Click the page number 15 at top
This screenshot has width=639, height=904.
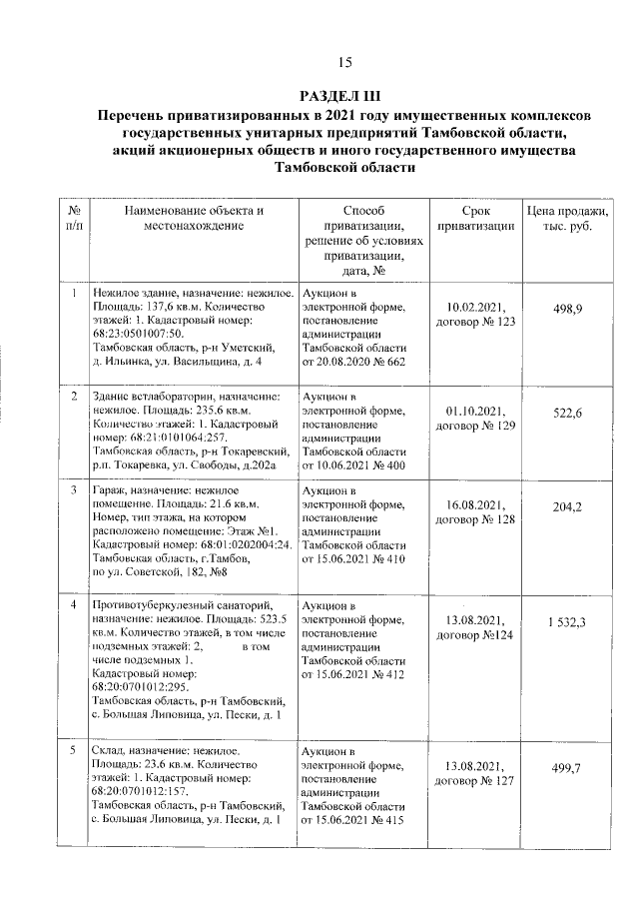345,63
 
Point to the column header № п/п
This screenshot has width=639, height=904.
74,220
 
